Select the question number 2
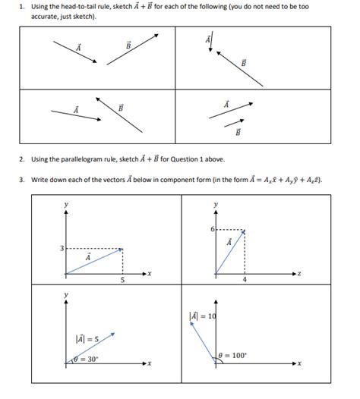pos(23,159)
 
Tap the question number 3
pos(23,180)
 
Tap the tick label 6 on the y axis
pos(212,228)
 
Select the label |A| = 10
pos(203,316)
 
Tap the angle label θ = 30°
pos(89,358)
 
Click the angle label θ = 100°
pos(232,355)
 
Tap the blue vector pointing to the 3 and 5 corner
pos(94,261)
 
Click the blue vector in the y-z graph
pos(230,253)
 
